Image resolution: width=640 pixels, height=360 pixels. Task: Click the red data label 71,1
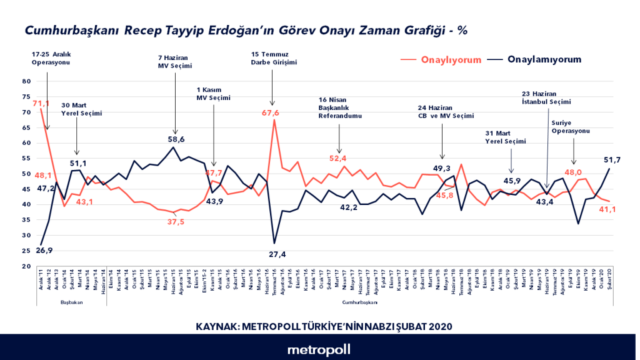click(x=42, y=103)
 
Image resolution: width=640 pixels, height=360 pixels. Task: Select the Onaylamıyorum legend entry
click(x=544, y=59)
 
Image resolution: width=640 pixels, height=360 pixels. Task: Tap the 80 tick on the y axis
click(x=26, y=81)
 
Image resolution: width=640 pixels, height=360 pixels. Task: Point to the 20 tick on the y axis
click(x=26, y=266)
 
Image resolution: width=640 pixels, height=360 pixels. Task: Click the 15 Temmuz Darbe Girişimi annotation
click(x=273, y=58)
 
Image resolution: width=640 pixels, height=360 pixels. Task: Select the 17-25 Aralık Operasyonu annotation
click(x=51, y=58)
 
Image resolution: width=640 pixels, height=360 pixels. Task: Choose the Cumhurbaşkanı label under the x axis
click(x=360, y=302)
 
